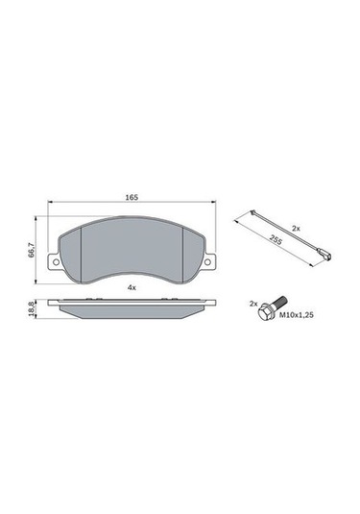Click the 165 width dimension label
[132, 197]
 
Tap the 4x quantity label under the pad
[132, 287]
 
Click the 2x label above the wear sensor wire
[297, 228]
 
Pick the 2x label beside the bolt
[253, 303]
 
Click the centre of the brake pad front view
[132, 252]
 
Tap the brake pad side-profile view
[132, 311]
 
